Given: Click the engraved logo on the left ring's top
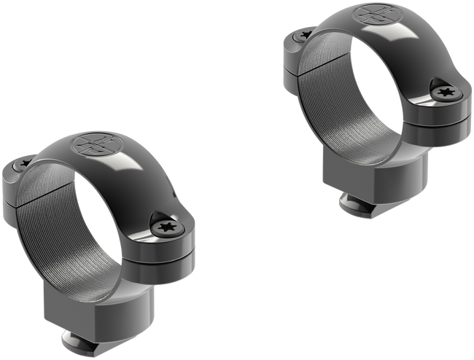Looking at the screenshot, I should click(x=93, y=143).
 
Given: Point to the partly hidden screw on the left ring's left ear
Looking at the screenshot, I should click(x=24, y=165).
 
